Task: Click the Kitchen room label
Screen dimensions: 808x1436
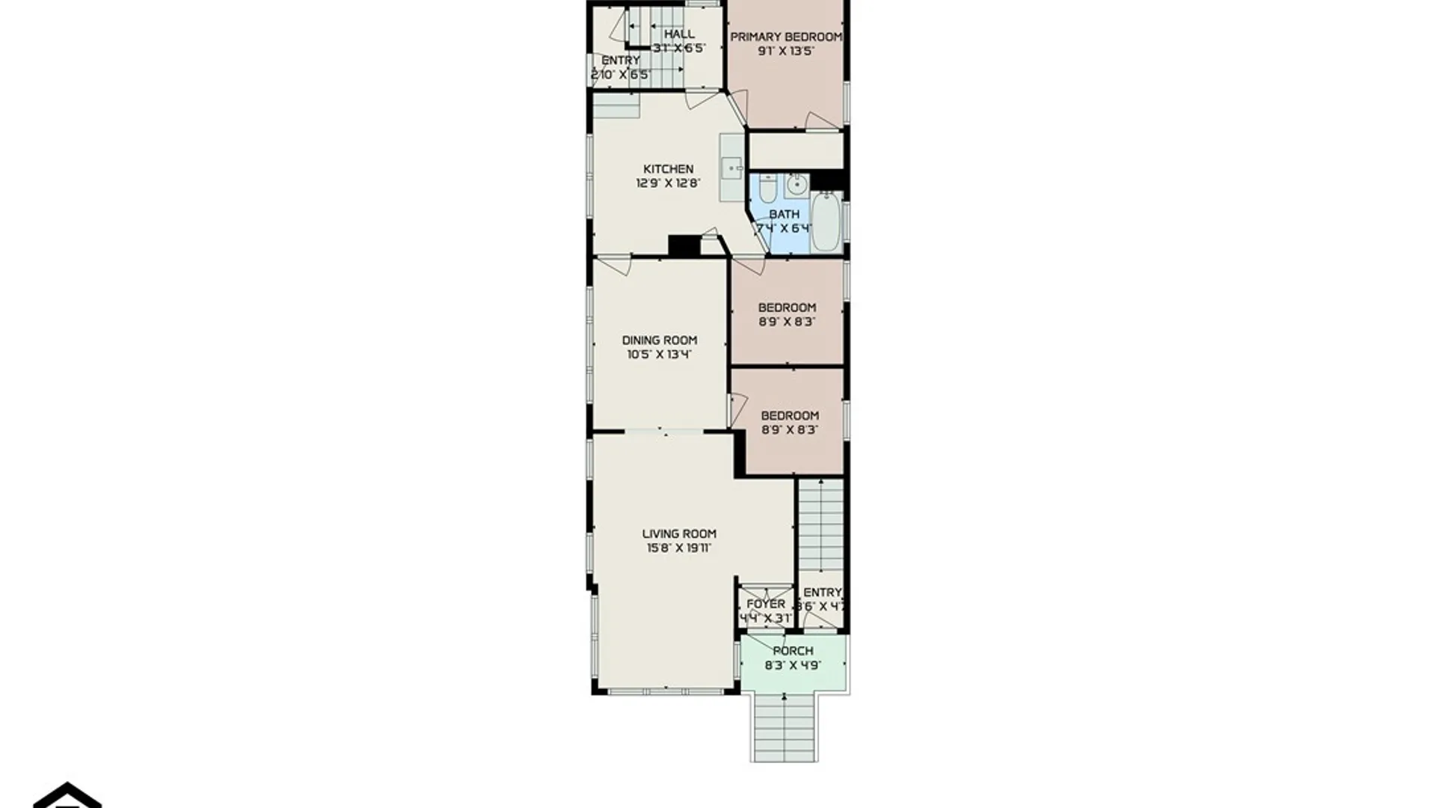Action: pos(668,169)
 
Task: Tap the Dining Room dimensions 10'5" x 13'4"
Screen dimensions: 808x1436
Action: pos(659,355)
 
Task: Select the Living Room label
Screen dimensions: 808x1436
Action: pos(679,533)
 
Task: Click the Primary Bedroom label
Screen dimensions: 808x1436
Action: pos(785,37)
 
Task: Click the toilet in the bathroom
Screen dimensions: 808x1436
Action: pos(767,189)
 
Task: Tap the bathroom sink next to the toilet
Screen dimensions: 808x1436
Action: pos(797,184)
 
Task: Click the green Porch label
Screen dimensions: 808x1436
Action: pos(793,651)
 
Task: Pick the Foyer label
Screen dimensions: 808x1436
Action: pos(766,604)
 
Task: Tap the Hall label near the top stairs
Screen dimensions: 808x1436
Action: pos(679,34)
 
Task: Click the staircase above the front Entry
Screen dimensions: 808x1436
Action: pos(821,524)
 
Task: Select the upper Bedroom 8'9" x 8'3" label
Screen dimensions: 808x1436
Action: pos(787,307)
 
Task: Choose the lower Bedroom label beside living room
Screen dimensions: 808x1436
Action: pos(790,416)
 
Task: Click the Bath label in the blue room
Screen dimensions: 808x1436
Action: pos(784,214)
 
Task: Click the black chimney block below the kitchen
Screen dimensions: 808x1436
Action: pos(684,245)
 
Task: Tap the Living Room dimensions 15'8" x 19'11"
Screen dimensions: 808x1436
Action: pos(679,548)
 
